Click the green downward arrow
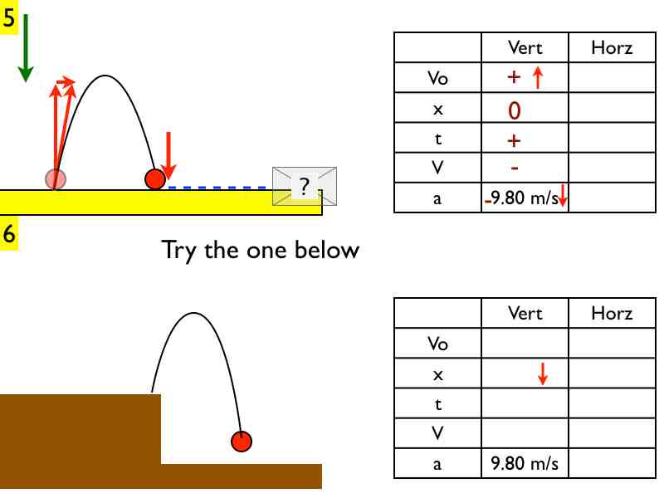(26, 47)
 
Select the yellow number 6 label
(8, 234)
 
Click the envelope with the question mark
(305, 187)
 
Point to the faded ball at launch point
(56, 178)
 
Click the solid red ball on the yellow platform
(155, 179)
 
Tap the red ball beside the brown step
(242, 442)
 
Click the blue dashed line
(220, 188)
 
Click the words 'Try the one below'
(260, 249)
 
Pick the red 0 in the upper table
(515, 110)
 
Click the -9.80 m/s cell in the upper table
(525, 198)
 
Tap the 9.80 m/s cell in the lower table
(525, 463)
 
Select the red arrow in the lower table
(543, 374)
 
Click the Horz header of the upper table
(612, 47)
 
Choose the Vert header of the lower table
(525, 313)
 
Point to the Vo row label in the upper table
(437, 78)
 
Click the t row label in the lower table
(437, 403)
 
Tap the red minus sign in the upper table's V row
(515, 168)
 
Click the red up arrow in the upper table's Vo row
(537, 78)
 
